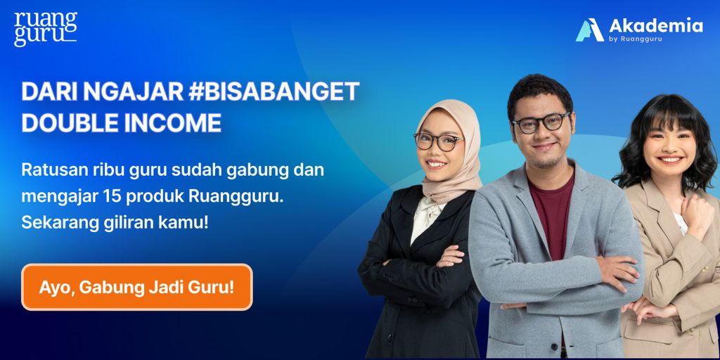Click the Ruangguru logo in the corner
46,28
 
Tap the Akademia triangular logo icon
590,30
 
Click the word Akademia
656,26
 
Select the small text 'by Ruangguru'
636,39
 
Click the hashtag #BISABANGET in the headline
274,91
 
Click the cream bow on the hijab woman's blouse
427,209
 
